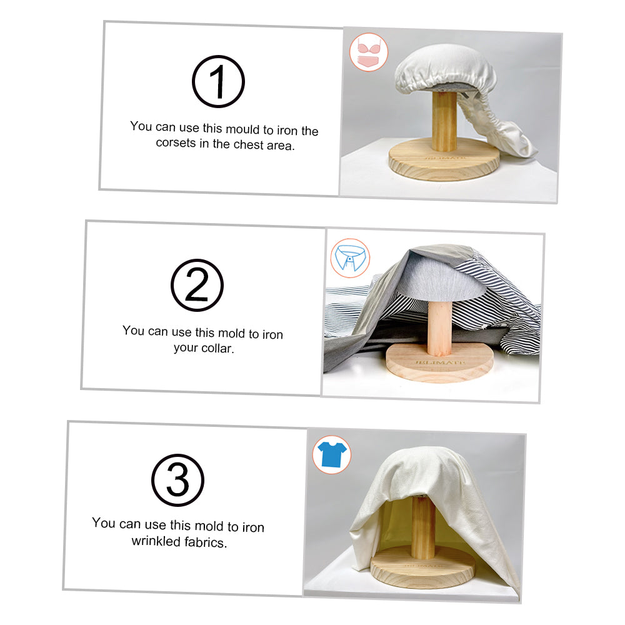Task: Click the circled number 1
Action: coord(218,81)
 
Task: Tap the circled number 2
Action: coord(197,285)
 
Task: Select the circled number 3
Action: coord(177,480)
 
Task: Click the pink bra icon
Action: coord(369,52)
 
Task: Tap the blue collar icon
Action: coord(351,258)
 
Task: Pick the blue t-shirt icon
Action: coord(332,454)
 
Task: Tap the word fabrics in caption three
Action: coord(206,542)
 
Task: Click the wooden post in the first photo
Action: coord(444,121)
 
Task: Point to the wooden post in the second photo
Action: coord(439,327)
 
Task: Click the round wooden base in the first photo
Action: coord(444,160)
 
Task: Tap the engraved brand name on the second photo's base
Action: coord(439,362)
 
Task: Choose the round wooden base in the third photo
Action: coord(423,567)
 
